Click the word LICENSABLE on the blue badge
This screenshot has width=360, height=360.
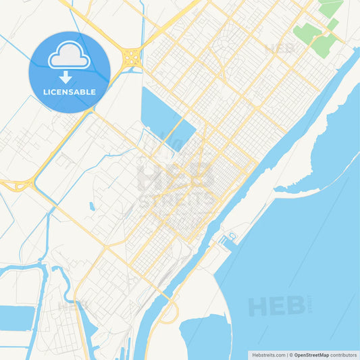pyautogui.click(x=70, y=92)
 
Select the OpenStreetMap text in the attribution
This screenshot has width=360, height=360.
pyautogui.click(x=311, y=355)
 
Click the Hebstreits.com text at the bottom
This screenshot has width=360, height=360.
pyautogui.click(x=269, y=355)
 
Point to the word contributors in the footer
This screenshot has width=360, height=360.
pyautogui.click(x=343, y=355)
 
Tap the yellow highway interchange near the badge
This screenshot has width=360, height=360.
pyautogui.click(x=131, y=57)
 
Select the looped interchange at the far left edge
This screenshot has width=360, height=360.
pyautogui.click(x=18, y=184)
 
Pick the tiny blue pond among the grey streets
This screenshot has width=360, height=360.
pyautogui.click(x=92, y=206)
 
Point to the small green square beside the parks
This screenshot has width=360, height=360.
pyautogui.click(x=333, y=24)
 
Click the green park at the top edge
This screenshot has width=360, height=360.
pyautogui.click(x=330, y=7)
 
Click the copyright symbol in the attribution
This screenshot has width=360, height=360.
pyautogui.click(x=290, y=355)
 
